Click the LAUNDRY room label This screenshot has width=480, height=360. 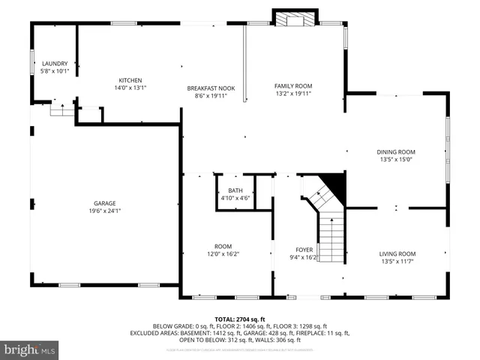coord(55,64)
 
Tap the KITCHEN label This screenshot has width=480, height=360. coord(130,80)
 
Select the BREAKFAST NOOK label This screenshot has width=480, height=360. coord(211,88)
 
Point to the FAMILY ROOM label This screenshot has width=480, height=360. coord(292,85)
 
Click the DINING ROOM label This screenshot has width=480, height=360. coord(396,151)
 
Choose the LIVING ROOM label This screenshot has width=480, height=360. coord(396,253)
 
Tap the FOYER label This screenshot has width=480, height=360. coord(304,249)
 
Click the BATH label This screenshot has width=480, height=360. coord(235,190)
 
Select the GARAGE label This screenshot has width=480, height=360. coord(104,203)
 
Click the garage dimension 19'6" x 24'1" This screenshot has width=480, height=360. coord(104,211)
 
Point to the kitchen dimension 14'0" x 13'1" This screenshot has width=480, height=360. coord(130,88)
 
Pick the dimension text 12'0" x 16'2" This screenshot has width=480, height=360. coord(223,253)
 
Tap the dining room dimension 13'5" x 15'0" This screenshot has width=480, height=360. coord(396,159)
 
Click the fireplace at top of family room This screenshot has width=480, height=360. coord(295,19)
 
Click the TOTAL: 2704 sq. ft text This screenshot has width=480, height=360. coord(240,318)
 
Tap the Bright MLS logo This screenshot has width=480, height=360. coord(30,349)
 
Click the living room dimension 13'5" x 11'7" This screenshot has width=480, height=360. coord(396,261)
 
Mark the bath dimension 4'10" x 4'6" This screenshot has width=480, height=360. coord(235,198)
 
